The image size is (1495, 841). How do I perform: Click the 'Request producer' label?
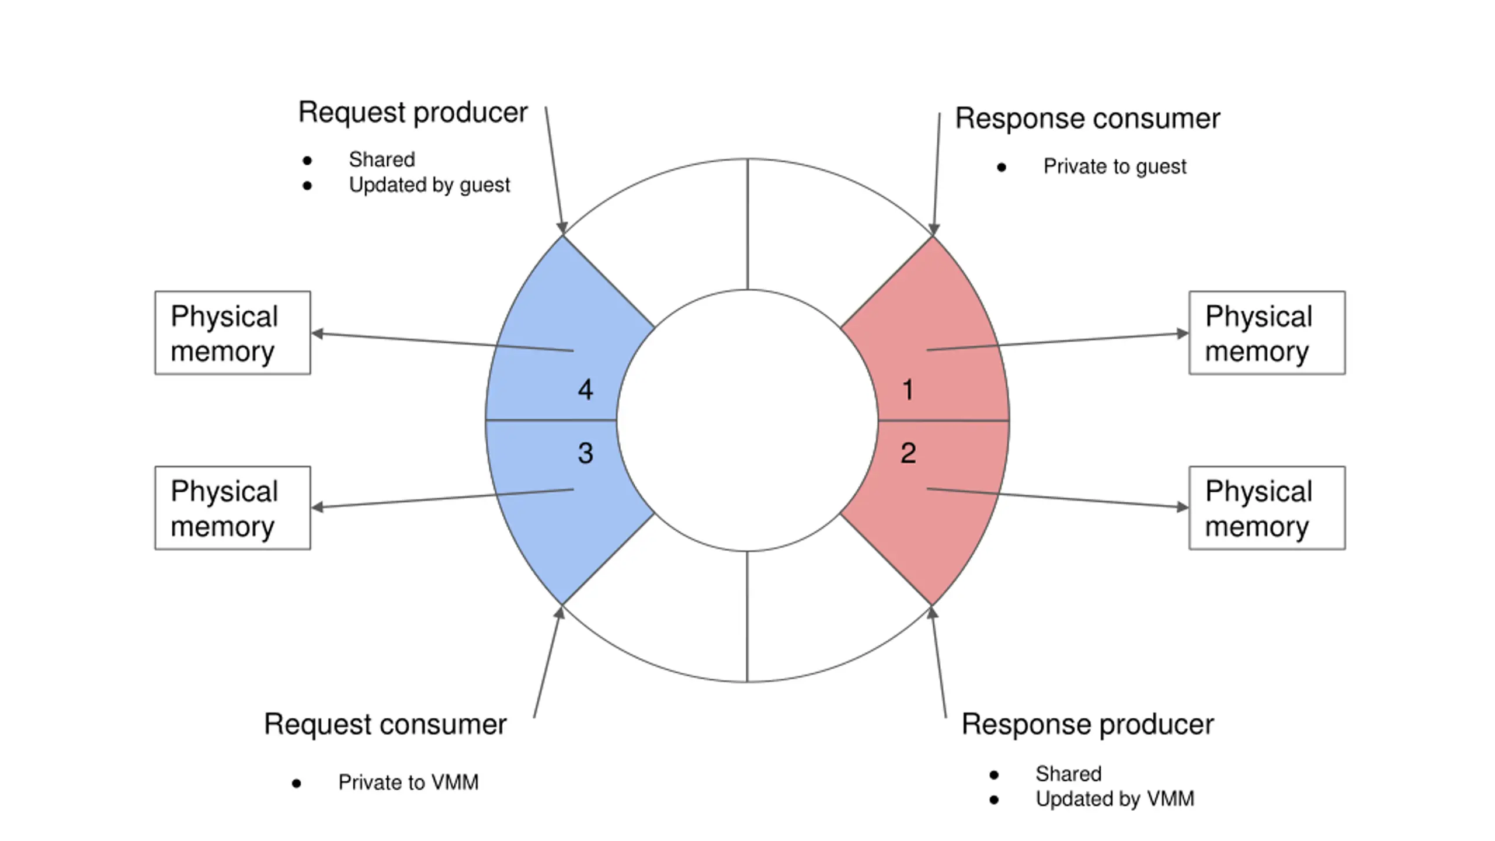point(413,113)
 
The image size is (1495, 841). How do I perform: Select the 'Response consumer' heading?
point(1087,119)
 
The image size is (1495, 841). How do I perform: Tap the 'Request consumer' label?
point(385,725)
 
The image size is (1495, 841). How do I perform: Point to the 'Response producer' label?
point(1087,725)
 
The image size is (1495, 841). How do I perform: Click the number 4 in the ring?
point(586,390)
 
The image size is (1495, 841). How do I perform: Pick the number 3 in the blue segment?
point(586,453)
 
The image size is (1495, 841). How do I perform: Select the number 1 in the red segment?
point(908,390)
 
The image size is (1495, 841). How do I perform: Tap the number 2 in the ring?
point(908,453)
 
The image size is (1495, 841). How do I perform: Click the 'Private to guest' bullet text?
point(1115,167)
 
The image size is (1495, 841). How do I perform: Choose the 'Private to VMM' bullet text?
point(408,783)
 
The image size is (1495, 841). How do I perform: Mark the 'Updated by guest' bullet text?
point(429,185)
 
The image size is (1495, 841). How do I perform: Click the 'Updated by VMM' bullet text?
point(1115,799)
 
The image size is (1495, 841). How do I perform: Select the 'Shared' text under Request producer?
point(382,159)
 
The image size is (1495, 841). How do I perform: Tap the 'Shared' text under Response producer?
point(1069,774)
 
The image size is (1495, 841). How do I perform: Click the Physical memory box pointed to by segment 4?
point(232,333)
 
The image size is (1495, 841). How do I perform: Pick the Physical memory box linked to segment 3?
point(232,508)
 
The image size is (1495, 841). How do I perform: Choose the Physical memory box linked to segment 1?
point(1267,333)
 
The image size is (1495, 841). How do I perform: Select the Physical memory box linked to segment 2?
point(1267,508)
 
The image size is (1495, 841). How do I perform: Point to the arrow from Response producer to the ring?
point(939,662)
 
